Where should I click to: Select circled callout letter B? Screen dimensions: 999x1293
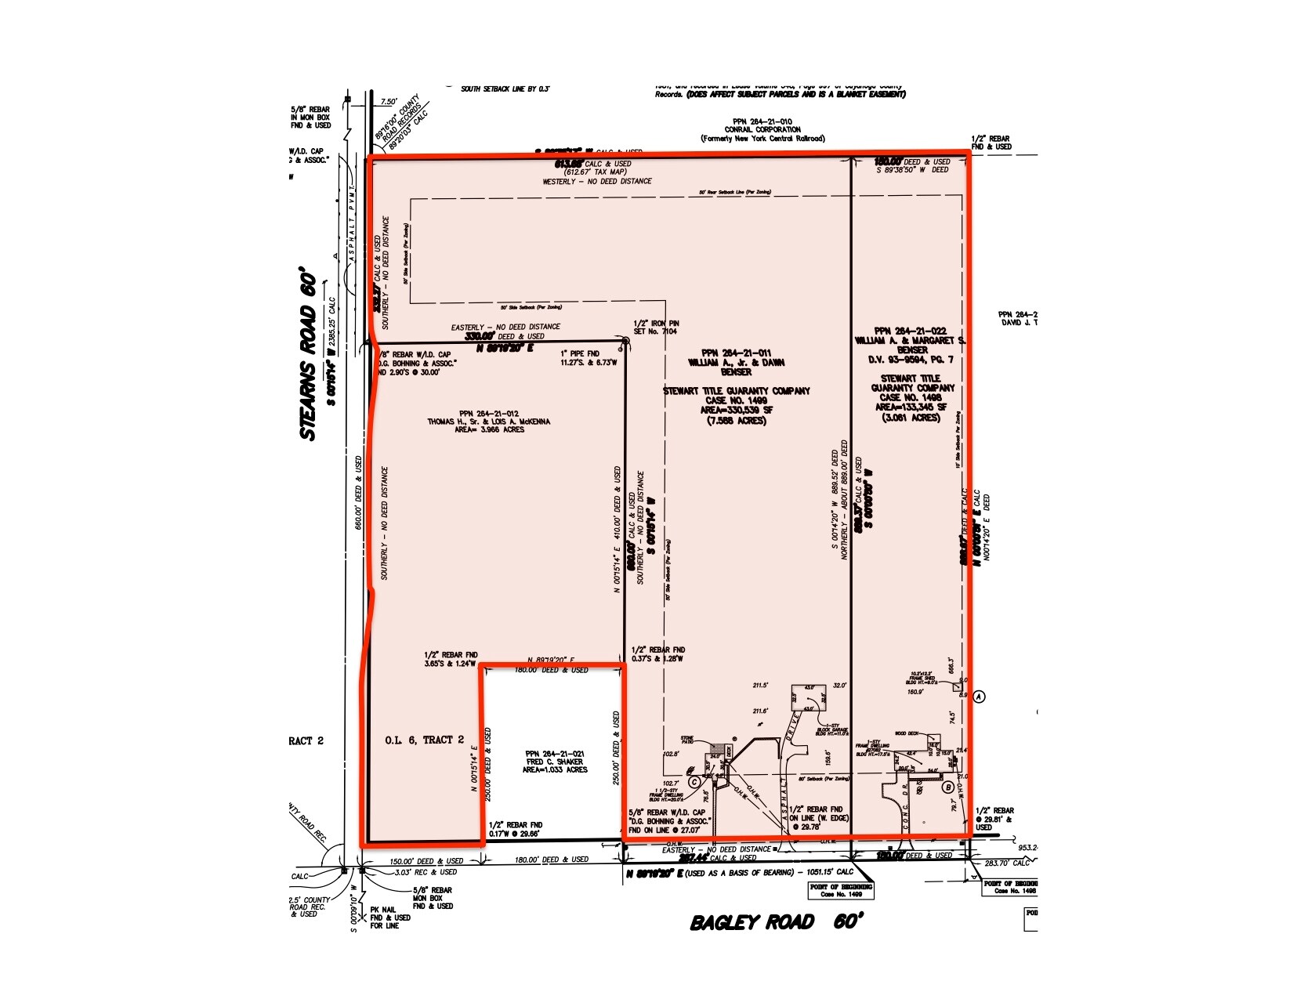click(x=948, y=787)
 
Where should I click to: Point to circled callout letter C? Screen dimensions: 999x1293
click(x=694, y=781)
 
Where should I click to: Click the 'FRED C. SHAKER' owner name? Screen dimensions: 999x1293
click(x=554, y=762)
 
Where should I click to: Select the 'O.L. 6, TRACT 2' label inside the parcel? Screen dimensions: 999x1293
click(x=425, y=740)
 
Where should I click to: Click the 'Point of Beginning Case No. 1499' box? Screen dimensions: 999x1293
click(x=842, y=890)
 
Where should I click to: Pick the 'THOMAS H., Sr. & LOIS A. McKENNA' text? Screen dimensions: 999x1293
click(x=488, y=422)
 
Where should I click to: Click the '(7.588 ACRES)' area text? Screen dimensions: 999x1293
click(x=736, y=421)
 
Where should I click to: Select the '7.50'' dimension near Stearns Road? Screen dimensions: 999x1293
click(x=389, y=102)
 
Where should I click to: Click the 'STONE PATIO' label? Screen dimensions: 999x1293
click(x=688, y=740)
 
